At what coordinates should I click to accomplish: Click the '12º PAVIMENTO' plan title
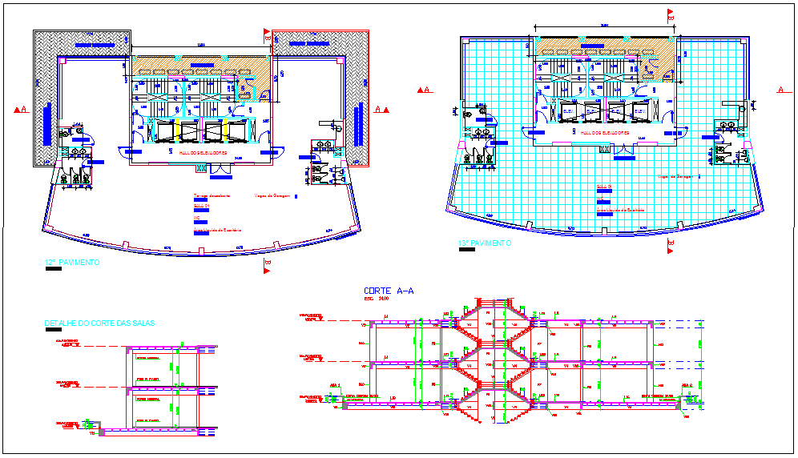pos(72,262)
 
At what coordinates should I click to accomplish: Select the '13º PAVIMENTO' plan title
pos(483,243)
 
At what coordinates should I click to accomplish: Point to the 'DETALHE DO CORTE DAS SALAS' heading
pos(100,323)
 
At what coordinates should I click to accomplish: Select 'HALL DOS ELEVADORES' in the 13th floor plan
pos(605,132)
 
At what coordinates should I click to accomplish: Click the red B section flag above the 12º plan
pos(266,34)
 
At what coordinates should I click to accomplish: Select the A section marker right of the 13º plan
pos(782,90)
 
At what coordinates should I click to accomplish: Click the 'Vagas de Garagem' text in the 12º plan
pos(272,195)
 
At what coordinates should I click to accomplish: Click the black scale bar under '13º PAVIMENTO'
pos(465,250)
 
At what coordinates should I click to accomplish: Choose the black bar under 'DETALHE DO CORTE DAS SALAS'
pos(54,330)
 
